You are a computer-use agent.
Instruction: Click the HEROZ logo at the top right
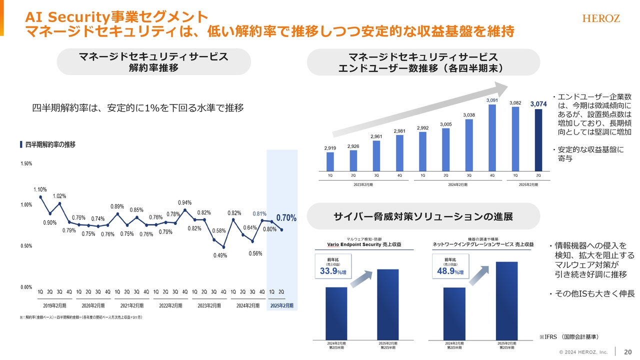[601, 18]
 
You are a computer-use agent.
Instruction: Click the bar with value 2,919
[330, 161]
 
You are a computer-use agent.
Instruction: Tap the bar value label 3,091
[492, 100]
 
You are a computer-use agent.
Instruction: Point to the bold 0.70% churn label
[286, 218]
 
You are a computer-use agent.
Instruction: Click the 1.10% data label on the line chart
[40, 189]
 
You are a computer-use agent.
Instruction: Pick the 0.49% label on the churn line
[220, 255]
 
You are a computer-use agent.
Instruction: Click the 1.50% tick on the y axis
[26, 163]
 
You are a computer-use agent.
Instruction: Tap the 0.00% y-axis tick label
[26, 287]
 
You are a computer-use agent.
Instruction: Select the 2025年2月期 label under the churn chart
[281, 305]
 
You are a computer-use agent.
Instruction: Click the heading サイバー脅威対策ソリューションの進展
[423, 216]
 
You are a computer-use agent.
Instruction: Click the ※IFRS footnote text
[568, 336]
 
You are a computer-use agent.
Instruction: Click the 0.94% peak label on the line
[185, 202]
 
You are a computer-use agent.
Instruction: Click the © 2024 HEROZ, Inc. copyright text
[583, 352]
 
